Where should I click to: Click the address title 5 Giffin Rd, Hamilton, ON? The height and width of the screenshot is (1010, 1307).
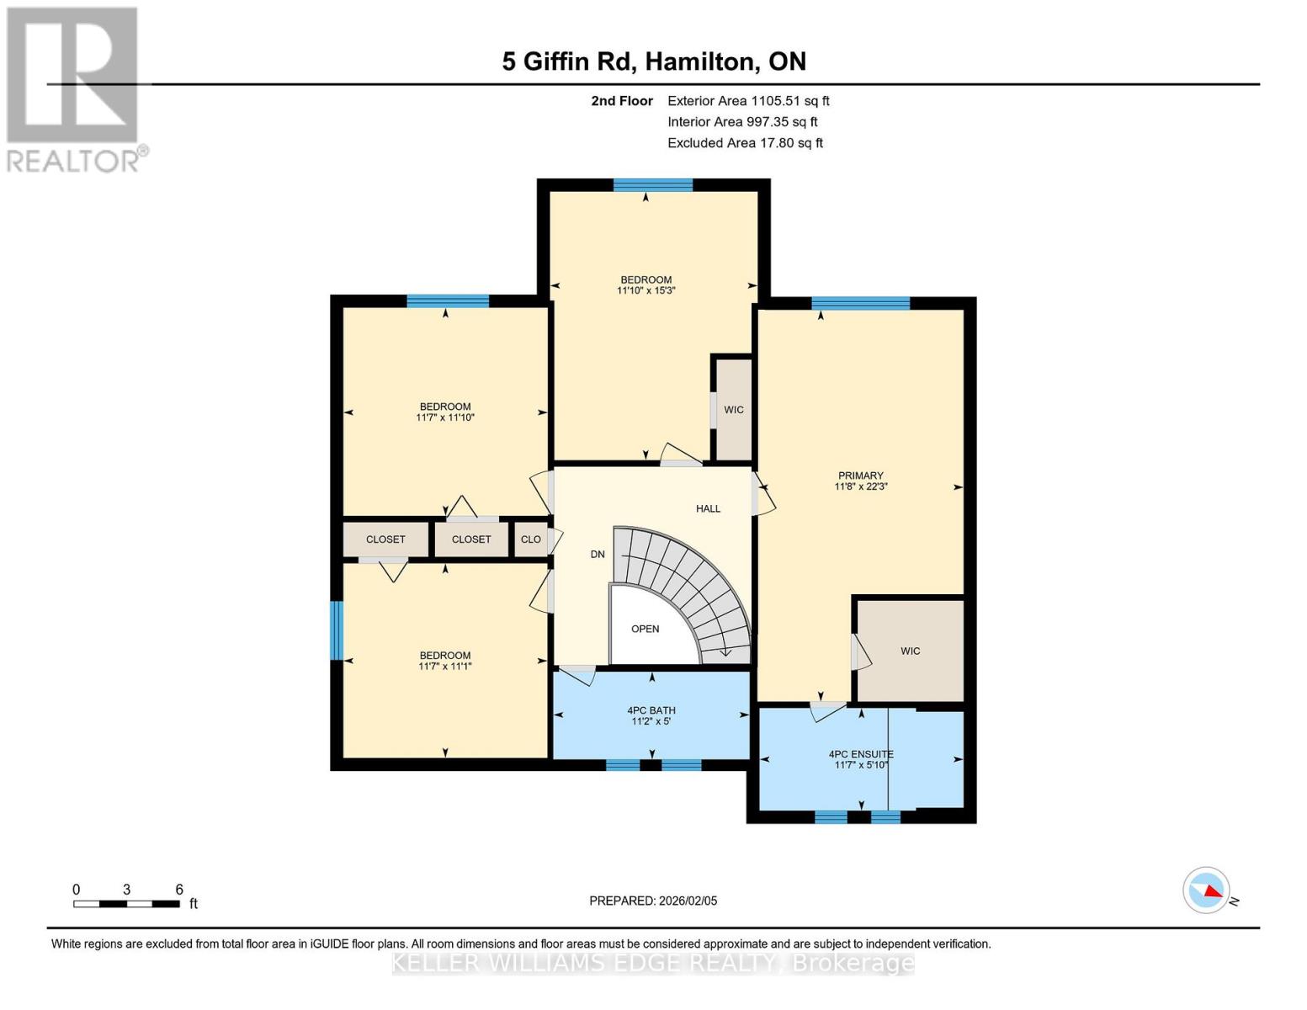(x=654, y=61)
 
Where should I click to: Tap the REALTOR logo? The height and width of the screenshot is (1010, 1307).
(x=74, y=88)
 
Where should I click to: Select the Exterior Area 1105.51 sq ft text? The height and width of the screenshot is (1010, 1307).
(x=748, y=101)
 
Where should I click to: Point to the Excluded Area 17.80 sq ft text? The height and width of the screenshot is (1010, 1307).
(x=745, y=143)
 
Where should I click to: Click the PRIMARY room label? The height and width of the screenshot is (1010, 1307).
(x=860, y=476)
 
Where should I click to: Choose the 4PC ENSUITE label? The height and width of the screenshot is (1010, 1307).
(x=860, y=754)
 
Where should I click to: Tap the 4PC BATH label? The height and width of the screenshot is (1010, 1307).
(x=651, y=710)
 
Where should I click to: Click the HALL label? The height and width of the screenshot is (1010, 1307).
(x=708, y=508)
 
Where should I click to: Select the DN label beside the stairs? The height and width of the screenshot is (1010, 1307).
(x=598, y=554)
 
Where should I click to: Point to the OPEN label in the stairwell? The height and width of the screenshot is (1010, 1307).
(x=646, y=629)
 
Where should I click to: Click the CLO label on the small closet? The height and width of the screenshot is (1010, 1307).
(x=530, y=540)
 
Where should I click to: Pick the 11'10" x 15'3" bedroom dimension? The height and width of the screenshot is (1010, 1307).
(x=646, y=290)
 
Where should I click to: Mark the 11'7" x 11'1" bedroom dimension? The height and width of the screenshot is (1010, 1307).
(x=444, y=667)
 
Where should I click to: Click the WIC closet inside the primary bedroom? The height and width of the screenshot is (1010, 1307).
(x=910, y=651)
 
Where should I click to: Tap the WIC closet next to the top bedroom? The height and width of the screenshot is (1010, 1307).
(x=733, y=410)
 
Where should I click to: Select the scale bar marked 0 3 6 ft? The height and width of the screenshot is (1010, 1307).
(x=126, y=904)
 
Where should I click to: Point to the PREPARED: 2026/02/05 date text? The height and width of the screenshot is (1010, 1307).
(x=653, y=901)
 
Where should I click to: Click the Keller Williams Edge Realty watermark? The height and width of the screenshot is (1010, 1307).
(x=653, y=963)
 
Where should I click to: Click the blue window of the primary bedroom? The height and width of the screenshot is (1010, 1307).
(x=860, y=303)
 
